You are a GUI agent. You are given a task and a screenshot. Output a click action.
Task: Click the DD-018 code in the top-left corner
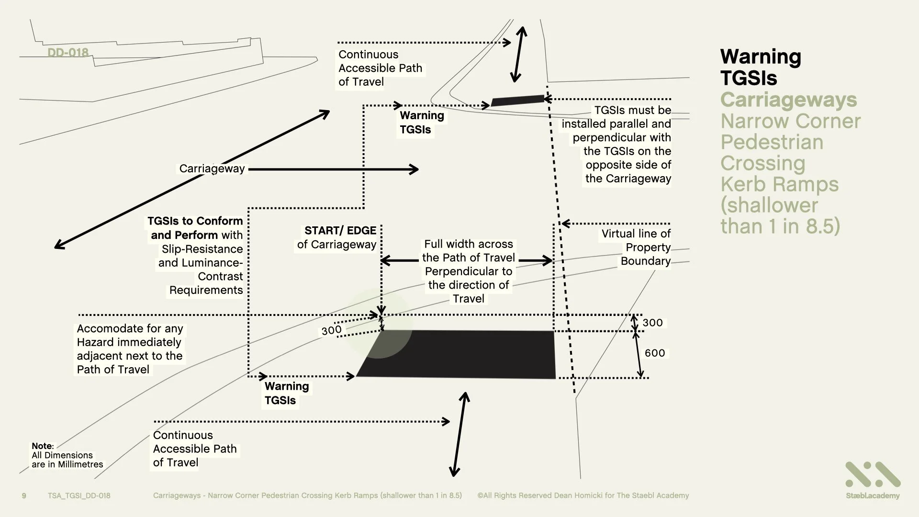(x=68, y=53)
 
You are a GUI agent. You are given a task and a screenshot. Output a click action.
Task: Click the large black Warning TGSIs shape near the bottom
(x=459, y=354)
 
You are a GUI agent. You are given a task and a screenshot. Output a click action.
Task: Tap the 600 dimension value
(x=655, y=353)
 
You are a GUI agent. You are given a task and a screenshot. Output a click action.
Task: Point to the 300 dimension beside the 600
(x=652, y=323)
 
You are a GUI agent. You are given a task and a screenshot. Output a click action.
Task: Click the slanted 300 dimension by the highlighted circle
(x=331, y=330)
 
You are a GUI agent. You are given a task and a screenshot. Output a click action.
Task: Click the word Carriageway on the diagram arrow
(x=212, y=169)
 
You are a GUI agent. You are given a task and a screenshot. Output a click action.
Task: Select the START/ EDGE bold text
(x=340, y=230)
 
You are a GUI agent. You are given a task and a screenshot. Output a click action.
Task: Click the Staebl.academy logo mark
(x=873, y=475)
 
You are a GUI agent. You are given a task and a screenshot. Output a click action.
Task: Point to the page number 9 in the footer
(x=24, y=495)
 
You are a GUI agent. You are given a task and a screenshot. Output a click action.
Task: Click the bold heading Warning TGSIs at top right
(x=760, y=67)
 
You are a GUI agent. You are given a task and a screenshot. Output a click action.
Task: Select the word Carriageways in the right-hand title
(x=788, y=100)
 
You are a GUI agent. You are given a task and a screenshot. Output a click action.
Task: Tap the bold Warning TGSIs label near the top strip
(x=421, y=123)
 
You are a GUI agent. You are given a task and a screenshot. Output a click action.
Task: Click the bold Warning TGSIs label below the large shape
(x=286, y=393)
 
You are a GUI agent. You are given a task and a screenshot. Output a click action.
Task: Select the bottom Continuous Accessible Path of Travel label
(x=194, y=449)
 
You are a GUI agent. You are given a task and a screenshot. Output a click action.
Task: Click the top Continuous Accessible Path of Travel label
(x=380, y=68)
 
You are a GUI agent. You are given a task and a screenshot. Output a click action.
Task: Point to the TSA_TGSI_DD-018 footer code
(x=79, y=495)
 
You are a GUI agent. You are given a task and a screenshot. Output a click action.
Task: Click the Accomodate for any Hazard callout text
(x=129, y=349)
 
